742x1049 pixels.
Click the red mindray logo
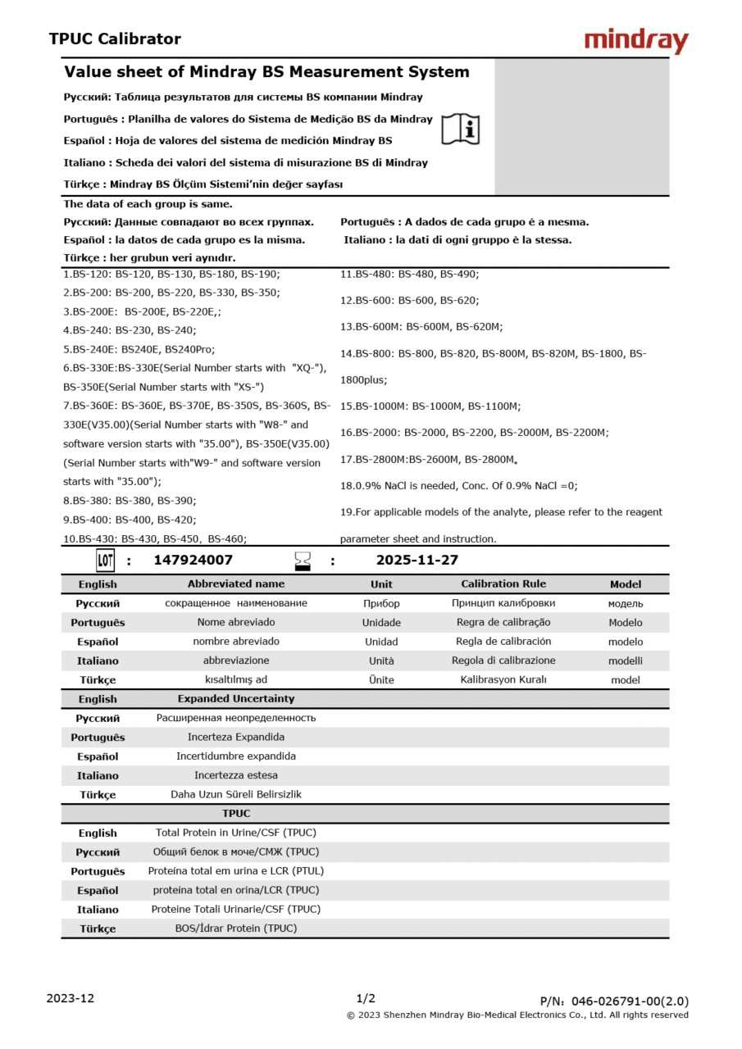click(x=636, y=41)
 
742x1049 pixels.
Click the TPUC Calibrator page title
click(x=115, y=39)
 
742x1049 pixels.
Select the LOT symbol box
click(x=105, y=561)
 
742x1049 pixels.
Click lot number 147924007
click(x=193, y=561)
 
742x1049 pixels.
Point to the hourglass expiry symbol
click(x=303, y=561)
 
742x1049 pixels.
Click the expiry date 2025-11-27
click(x=417, y=561)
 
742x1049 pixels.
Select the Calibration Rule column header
click(x=503, y=584)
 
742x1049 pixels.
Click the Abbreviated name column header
click(x=236, y=584)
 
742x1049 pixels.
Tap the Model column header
click(x=626, y=584)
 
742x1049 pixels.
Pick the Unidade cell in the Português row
click(x=381, y=623)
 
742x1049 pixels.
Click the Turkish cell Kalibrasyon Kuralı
click(x=503, y=679)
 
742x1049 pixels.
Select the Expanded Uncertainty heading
click(x=236, y=699)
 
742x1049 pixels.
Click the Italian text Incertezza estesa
click(x=236, y=775)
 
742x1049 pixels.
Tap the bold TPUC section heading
click(x=236, y=814)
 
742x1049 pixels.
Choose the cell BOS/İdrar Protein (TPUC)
click(x=236, y=929)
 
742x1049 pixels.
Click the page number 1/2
click(x=366, y=998)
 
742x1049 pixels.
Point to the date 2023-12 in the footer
click(x=71, y=998)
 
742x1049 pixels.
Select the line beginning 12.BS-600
click(x=410, y=301)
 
